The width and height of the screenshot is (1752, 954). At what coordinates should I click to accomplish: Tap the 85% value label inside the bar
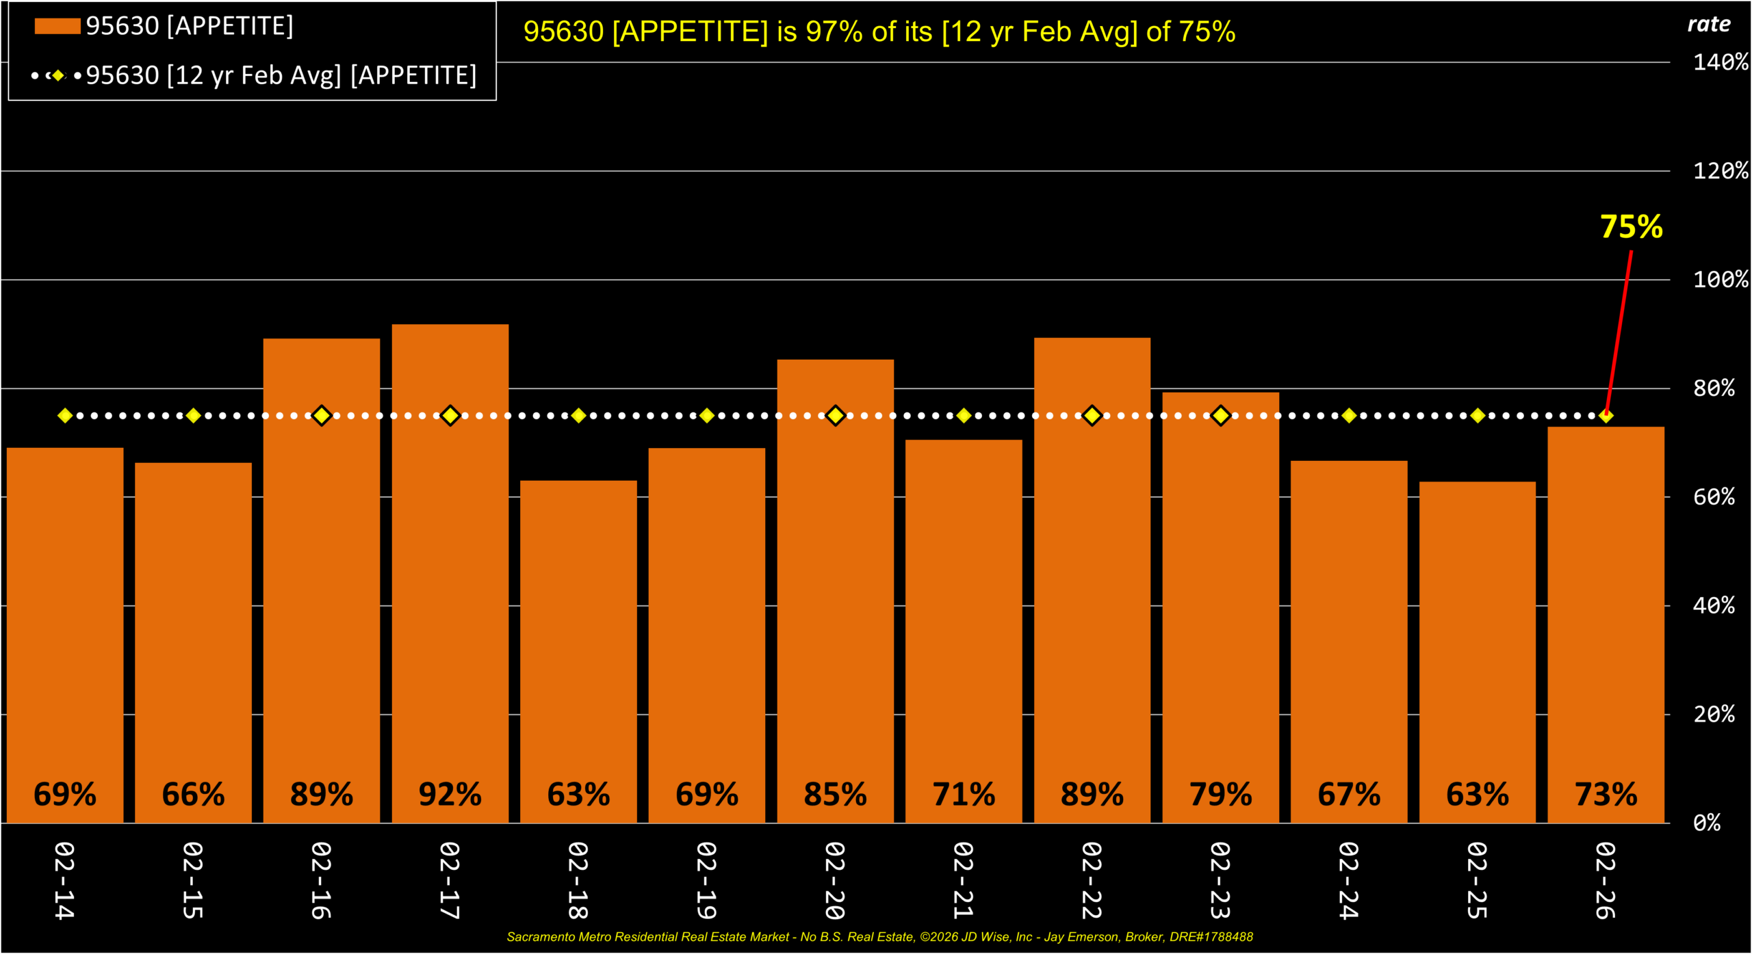pos(835,795)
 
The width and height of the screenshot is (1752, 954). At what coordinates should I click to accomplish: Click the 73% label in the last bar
pos(1606,795)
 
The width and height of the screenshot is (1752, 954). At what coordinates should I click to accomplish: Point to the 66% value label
pos(193,795)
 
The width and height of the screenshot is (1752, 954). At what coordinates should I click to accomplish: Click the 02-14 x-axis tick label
pos(64,881)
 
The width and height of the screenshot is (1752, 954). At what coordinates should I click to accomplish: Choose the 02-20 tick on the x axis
pos(835,881)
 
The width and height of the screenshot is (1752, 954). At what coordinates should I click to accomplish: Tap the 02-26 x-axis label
pos(1606,881)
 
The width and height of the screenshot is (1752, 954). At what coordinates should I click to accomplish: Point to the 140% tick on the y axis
pos(1720,63)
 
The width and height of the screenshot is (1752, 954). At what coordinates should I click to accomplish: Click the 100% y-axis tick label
pos(1720,280)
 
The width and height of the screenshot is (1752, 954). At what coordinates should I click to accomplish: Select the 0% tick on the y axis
pos(1707,823)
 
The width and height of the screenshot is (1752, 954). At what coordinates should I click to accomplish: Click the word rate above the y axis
pos(1708,25)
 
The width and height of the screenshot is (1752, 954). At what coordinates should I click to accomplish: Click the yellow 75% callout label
pos(1631,227)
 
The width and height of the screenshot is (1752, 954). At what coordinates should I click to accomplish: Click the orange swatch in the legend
pos(57,26)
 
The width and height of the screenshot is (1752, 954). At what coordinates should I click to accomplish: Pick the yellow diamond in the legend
pos(58,75)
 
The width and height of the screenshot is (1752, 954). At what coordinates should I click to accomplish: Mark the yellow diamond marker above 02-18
pos(578,416)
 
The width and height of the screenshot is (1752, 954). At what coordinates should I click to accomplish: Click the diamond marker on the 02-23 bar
pos(1220,416)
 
